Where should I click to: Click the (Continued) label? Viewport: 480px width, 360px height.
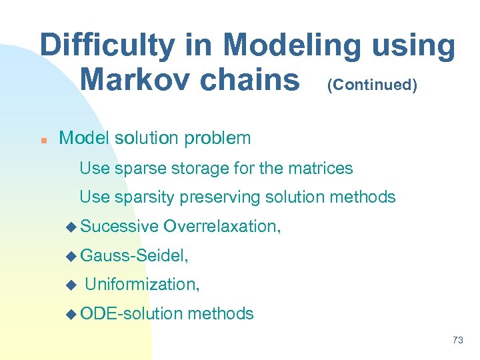click(x=372, y=85)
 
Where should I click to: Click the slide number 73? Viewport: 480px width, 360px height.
click(x=457, y=340)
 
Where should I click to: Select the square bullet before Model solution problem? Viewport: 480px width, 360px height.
click(x=42, y=141)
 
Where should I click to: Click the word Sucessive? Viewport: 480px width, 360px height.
click(x=119, y=227)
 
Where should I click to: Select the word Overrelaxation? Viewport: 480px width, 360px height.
click(x=222, y=227)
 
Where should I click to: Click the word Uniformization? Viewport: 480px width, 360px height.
click(x=142, y=285)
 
